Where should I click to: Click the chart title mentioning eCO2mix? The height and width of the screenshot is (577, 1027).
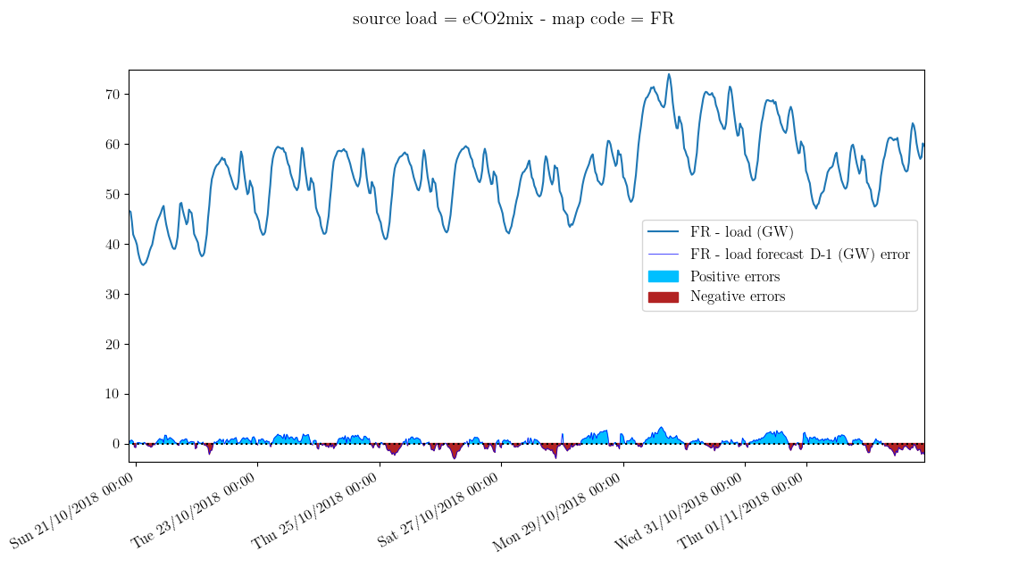513,19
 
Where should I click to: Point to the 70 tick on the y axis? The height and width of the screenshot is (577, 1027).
114,95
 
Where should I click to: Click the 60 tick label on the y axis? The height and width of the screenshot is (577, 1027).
114,145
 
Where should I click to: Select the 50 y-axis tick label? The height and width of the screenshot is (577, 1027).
114,195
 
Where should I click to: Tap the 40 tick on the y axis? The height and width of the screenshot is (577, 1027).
114,245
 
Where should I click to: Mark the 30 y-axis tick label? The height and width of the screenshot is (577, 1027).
114,295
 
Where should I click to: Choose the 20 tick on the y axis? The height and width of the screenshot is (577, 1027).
114,345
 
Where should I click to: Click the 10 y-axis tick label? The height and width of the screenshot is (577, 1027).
114,395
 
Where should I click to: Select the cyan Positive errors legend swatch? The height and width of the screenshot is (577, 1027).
663,276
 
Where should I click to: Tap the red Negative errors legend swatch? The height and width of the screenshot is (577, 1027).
663,297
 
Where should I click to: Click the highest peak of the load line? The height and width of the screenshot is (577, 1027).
669,74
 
